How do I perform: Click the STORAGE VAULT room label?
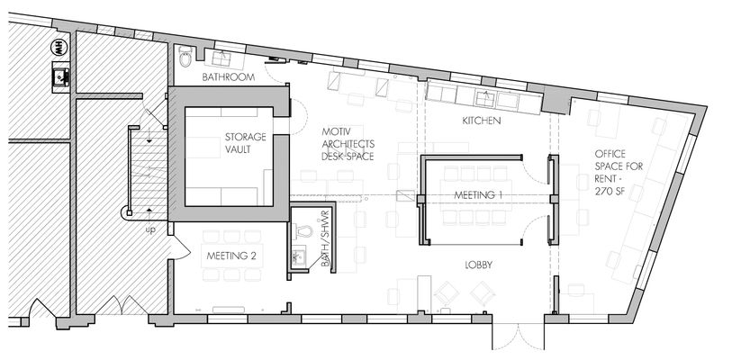[x=246, y=143]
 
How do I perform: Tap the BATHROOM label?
[x=229, y=77]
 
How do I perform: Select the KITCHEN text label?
[x=482, y=121]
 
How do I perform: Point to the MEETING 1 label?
[x=478, y=195]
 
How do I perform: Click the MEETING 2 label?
[x=231, y=256]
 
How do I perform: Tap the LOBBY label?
[x=478, y=265]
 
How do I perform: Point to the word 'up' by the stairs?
[x=150, y=230]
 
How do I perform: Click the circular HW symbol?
[x=60, y=46]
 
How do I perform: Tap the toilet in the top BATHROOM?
[x=185, y=57]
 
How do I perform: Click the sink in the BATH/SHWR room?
[x=298, y=257]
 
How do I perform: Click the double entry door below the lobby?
[x=519, y=337]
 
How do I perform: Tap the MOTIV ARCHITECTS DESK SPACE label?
[x=348, y=144]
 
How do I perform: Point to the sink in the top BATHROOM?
[x=221, y=59]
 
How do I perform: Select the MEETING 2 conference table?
[x=231, y=256]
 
